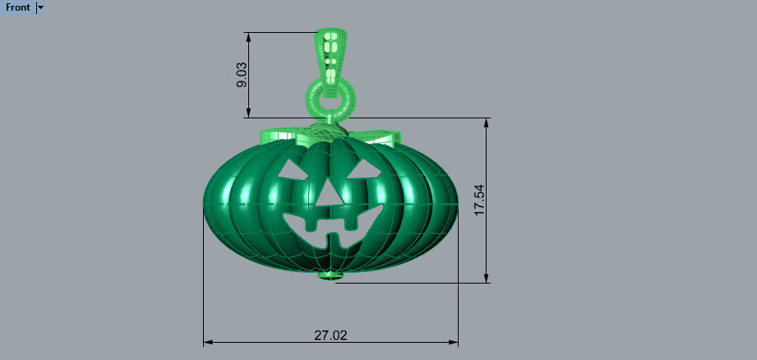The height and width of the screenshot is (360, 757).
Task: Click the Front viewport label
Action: pos(17,7)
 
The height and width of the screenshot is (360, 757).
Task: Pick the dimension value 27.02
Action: pos(330,335)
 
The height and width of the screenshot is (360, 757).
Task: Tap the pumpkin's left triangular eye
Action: pos(293,170)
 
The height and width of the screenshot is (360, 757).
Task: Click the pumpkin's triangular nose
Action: pos(329,194)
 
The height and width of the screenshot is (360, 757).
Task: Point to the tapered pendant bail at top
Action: pos(331,51)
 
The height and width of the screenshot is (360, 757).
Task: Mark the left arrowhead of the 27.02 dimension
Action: pos(208,341)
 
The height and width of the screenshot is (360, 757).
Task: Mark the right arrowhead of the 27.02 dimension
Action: pos(454,341)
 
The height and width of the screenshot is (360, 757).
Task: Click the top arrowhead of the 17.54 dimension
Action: pos(487,122)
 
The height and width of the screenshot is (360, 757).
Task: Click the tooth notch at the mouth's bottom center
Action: pos(333,240)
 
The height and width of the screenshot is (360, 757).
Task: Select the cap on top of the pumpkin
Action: pos(327,129)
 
